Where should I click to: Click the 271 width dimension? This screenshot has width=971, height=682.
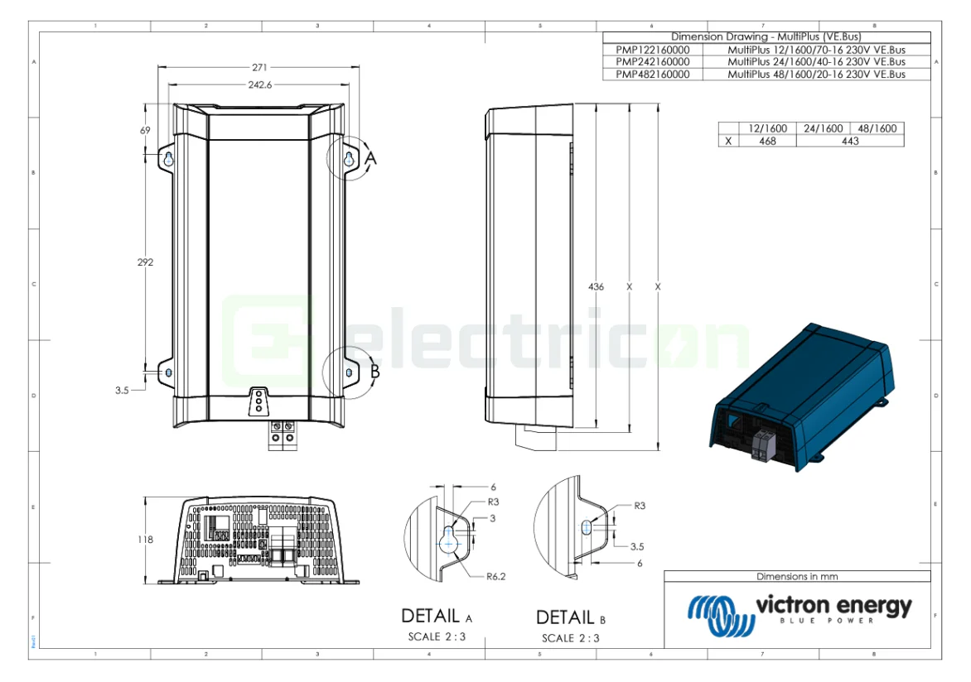[x=259, y=68]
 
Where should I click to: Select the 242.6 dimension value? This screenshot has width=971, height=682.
[x=260, y=84]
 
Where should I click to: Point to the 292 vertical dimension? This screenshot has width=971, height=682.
[x=145, y=262]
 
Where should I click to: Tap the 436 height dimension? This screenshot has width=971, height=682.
[x=596, y=286]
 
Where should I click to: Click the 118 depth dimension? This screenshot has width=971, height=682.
[x=145, y=540]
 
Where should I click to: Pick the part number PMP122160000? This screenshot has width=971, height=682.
[x=653, y=50]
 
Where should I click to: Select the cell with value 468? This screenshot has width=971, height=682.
[x=767, y=141]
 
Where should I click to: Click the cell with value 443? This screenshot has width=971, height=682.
[x=850, y=141]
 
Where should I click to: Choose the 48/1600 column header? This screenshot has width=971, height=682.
[x=877, y=128]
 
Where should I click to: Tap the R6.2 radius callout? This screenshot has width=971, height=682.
[x=495, y=577]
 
